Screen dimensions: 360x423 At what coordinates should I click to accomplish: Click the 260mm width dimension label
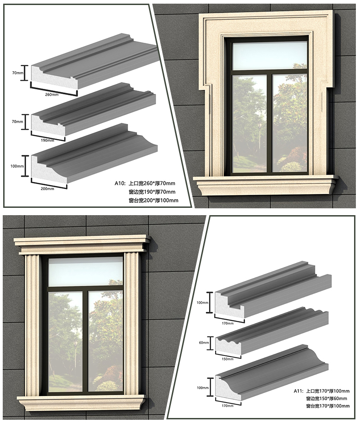52,94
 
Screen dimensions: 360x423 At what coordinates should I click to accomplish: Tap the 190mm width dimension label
48,140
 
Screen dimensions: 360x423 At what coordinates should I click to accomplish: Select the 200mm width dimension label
47,189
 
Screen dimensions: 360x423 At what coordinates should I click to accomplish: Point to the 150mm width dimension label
227,359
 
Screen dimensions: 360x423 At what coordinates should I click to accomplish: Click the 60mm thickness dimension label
204,343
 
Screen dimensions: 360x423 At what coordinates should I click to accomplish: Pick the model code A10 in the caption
119,183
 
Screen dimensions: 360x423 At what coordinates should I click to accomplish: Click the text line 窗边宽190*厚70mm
152,192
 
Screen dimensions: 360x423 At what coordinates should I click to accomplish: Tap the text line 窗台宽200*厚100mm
154,200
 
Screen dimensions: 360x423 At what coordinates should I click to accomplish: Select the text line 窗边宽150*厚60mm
326,398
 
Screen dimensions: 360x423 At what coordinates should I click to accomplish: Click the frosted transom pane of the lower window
85,271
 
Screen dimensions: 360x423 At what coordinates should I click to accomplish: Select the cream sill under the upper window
267,185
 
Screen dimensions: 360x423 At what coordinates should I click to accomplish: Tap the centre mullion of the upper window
269,123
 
